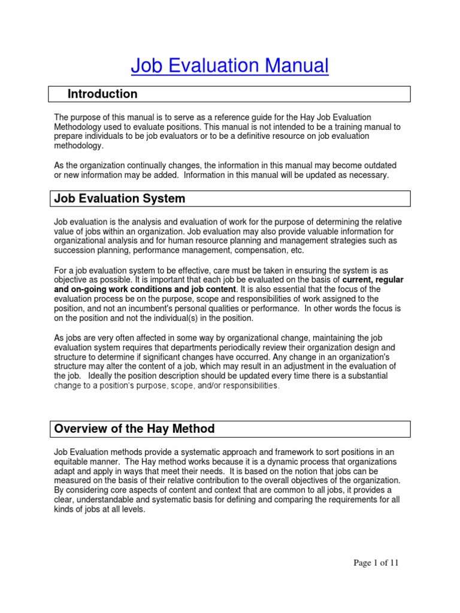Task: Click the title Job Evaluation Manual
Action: (x=230, y=66)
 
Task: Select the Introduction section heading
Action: (x=102, y=94)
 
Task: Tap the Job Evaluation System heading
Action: (x=120, y=198)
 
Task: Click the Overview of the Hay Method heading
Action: (x=134, y=429)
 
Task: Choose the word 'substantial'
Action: (x=364, y=376)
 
